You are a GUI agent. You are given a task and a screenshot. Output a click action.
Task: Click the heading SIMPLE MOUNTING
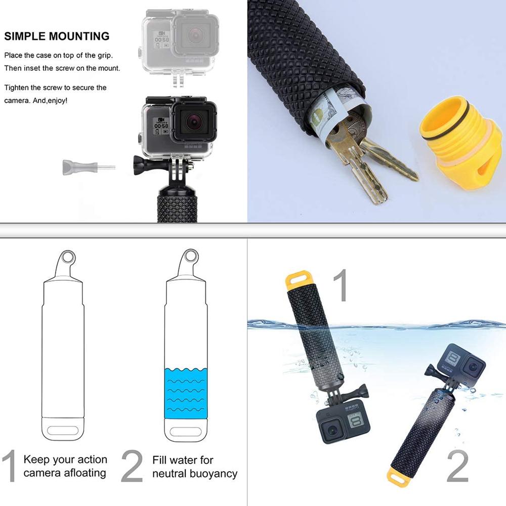pyautogui.click(x=57, y=36)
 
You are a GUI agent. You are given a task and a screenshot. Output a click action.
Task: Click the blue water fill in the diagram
pyautogui.click(x=186, y=392)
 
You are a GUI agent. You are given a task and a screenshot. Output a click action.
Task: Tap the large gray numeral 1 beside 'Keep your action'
pyautogui.click(x=10, y=467)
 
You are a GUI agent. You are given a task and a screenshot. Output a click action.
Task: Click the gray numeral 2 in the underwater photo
pyautogui.click(x=458, y=467)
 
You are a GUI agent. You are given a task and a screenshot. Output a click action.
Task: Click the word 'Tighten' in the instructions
pyautogui.click(x=16, y=88)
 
